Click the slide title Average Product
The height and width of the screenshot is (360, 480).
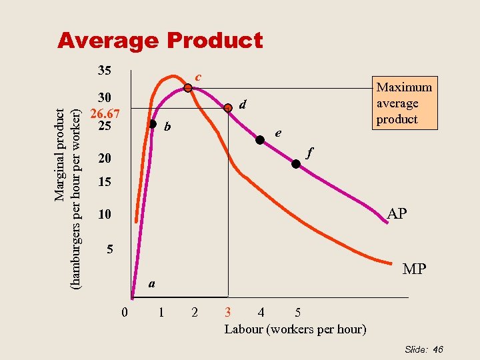click(x=160, y=41)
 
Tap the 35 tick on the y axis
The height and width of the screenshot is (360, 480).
click(x=104, y=70)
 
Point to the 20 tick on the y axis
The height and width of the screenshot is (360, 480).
click(x=104, y=159)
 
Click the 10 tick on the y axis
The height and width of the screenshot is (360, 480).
click(x=104, y=215)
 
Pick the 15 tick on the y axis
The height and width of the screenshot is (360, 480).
click(x=104, y=182)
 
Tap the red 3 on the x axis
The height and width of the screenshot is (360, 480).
click(x=228, y=311)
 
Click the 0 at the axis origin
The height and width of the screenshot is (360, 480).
click(x=125, y=311)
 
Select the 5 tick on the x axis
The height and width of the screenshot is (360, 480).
click(x=297, y=311)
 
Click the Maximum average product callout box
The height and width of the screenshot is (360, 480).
click(x=405, y=103)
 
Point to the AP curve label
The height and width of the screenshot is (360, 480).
click(x=398, y=214)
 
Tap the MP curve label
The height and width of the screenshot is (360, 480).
click(x=414, y=269)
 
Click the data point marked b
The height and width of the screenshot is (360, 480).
click(x=153, y=124)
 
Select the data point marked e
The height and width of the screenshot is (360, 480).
click(x=260, y=140)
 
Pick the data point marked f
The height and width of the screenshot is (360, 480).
click(x=297, y=165)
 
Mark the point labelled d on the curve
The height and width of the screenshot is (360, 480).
click(x=228, y=111)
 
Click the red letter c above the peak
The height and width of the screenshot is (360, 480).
click(x=198, y=77)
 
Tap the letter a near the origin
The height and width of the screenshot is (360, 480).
click(x=152, y=283)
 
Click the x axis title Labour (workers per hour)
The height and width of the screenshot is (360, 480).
click(x=295, y=329)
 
